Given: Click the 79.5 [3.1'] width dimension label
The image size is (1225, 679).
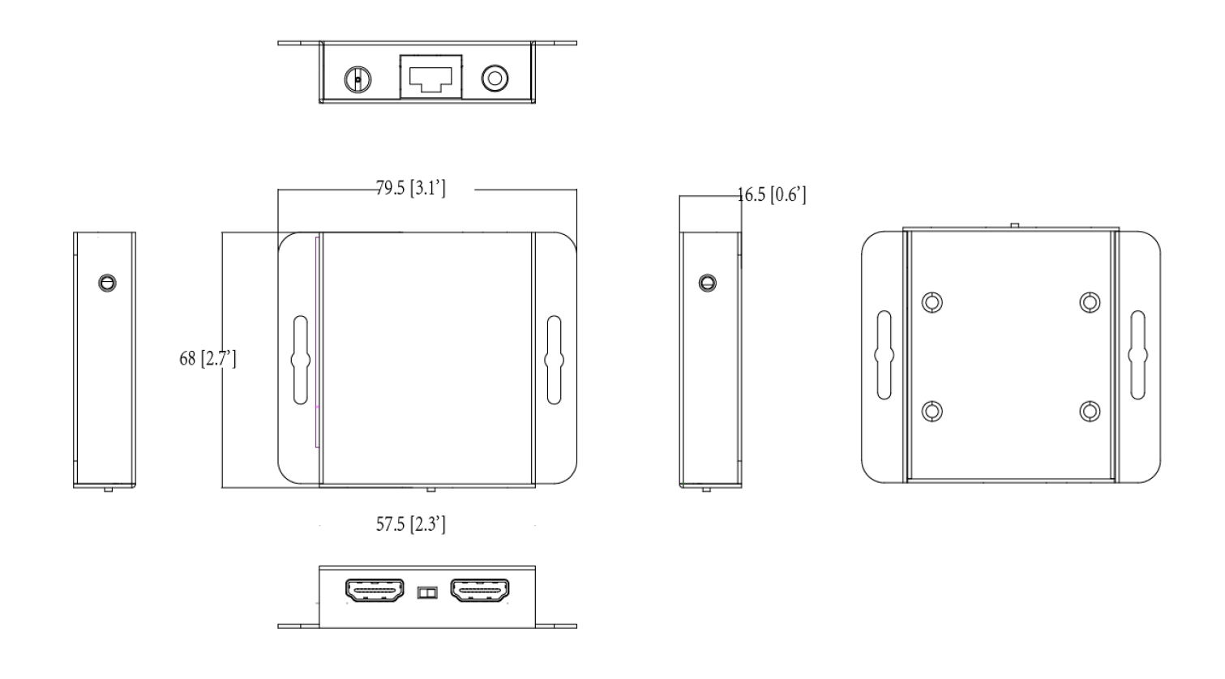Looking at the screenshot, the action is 410,190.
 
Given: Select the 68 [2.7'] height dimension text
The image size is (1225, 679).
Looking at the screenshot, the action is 208,358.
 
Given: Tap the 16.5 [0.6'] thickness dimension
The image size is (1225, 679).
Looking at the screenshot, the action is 771,195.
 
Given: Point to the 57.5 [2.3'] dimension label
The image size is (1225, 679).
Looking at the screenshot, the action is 410,524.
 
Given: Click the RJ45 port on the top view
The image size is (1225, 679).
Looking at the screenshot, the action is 430,77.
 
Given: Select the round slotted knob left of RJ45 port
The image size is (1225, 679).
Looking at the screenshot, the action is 358,79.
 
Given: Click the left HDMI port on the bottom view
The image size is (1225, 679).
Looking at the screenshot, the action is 376,592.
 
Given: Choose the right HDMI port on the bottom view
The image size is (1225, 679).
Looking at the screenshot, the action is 480,592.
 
